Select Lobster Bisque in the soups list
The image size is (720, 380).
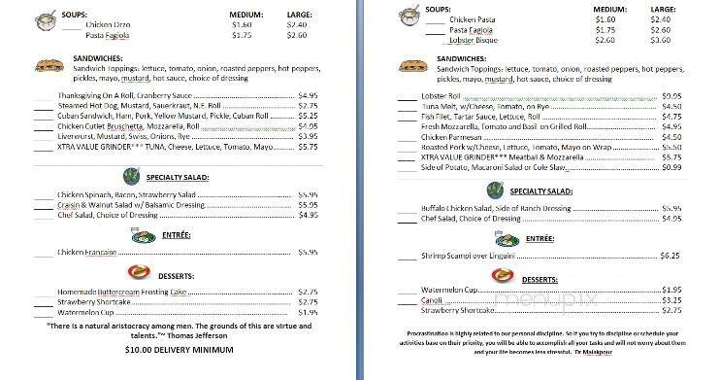(x=475, y=41)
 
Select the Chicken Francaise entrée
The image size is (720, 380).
(x=86, y=252)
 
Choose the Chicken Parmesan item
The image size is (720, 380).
(x=454, y=137)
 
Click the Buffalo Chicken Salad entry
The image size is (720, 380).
(x=496, y=208)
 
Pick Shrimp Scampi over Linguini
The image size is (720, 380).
(x=471, y=256)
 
